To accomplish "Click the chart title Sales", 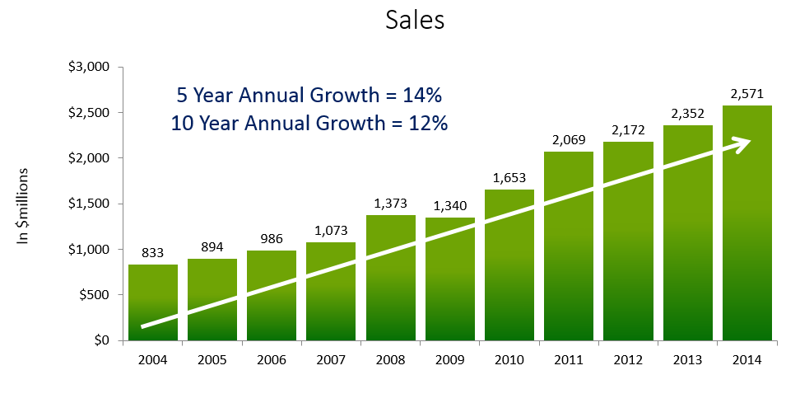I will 415,21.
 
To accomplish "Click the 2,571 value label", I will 746,94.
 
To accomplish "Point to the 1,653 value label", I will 509,177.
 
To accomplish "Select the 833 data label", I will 153,253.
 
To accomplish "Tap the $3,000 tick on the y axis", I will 91,67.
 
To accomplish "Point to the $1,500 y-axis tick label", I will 91,204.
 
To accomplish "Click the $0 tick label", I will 101,340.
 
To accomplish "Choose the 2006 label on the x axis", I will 272,361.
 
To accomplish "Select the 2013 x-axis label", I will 686,361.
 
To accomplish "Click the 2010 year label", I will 509,361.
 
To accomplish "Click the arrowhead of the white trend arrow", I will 741,143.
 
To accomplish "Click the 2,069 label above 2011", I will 568,140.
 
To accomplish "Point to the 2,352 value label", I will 686,114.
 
